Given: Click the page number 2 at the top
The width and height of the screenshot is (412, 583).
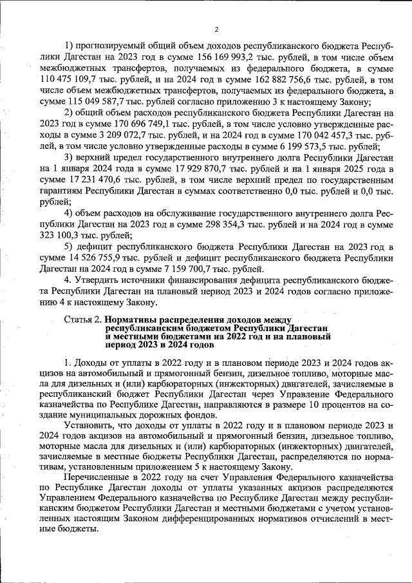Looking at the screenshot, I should [x=216, y=30].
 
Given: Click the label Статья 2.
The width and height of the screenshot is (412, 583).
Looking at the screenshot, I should [x=83, y=320].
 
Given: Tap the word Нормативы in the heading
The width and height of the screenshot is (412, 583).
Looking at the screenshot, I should [x=133, y=320].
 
